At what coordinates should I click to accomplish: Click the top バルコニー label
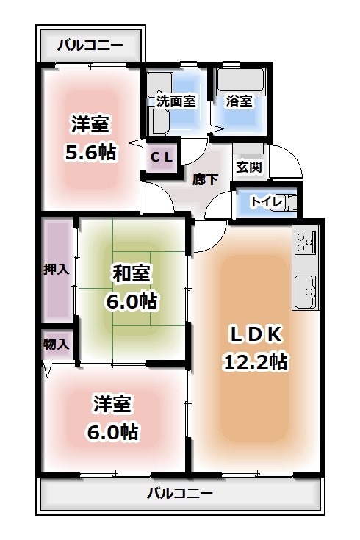click(90, 46)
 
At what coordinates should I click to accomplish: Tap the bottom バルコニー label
click(179, 492)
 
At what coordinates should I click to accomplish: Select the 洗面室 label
click(176, 101)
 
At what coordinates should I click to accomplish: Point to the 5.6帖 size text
click(90, 152)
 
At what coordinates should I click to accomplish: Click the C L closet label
click(162, 156)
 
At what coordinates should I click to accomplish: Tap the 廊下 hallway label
click(205, 178)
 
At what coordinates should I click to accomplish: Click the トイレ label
click(264, 201)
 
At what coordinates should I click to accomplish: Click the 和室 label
click(132, 273)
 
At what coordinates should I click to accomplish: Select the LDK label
click(256, 334)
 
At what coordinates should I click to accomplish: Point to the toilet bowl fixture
click(289, 201)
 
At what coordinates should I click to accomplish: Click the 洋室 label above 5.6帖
click(90, 124)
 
